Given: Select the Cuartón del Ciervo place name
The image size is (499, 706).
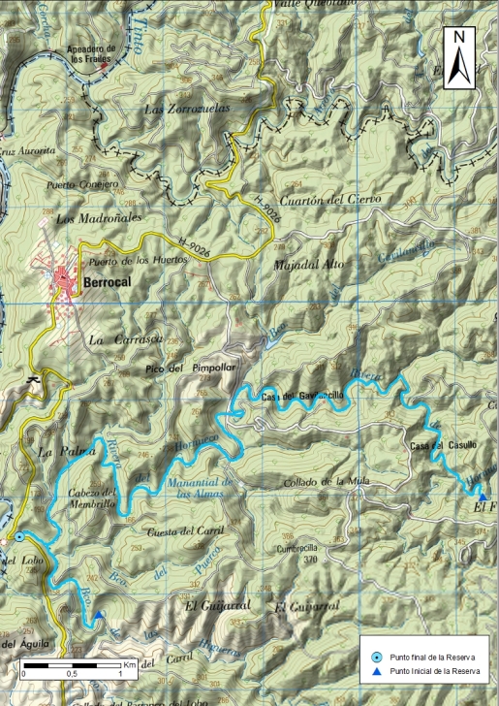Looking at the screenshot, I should coord(329,199).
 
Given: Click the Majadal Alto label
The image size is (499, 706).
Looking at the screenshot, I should coord(309,264).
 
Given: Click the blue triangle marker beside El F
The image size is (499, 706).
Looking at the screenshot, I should coord(483,497).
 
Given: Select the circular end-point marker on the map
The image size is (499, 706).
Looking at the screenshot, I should coord(19,536).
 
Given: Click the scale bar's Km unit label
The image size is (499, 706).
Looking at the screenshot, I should coord(128,664).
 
